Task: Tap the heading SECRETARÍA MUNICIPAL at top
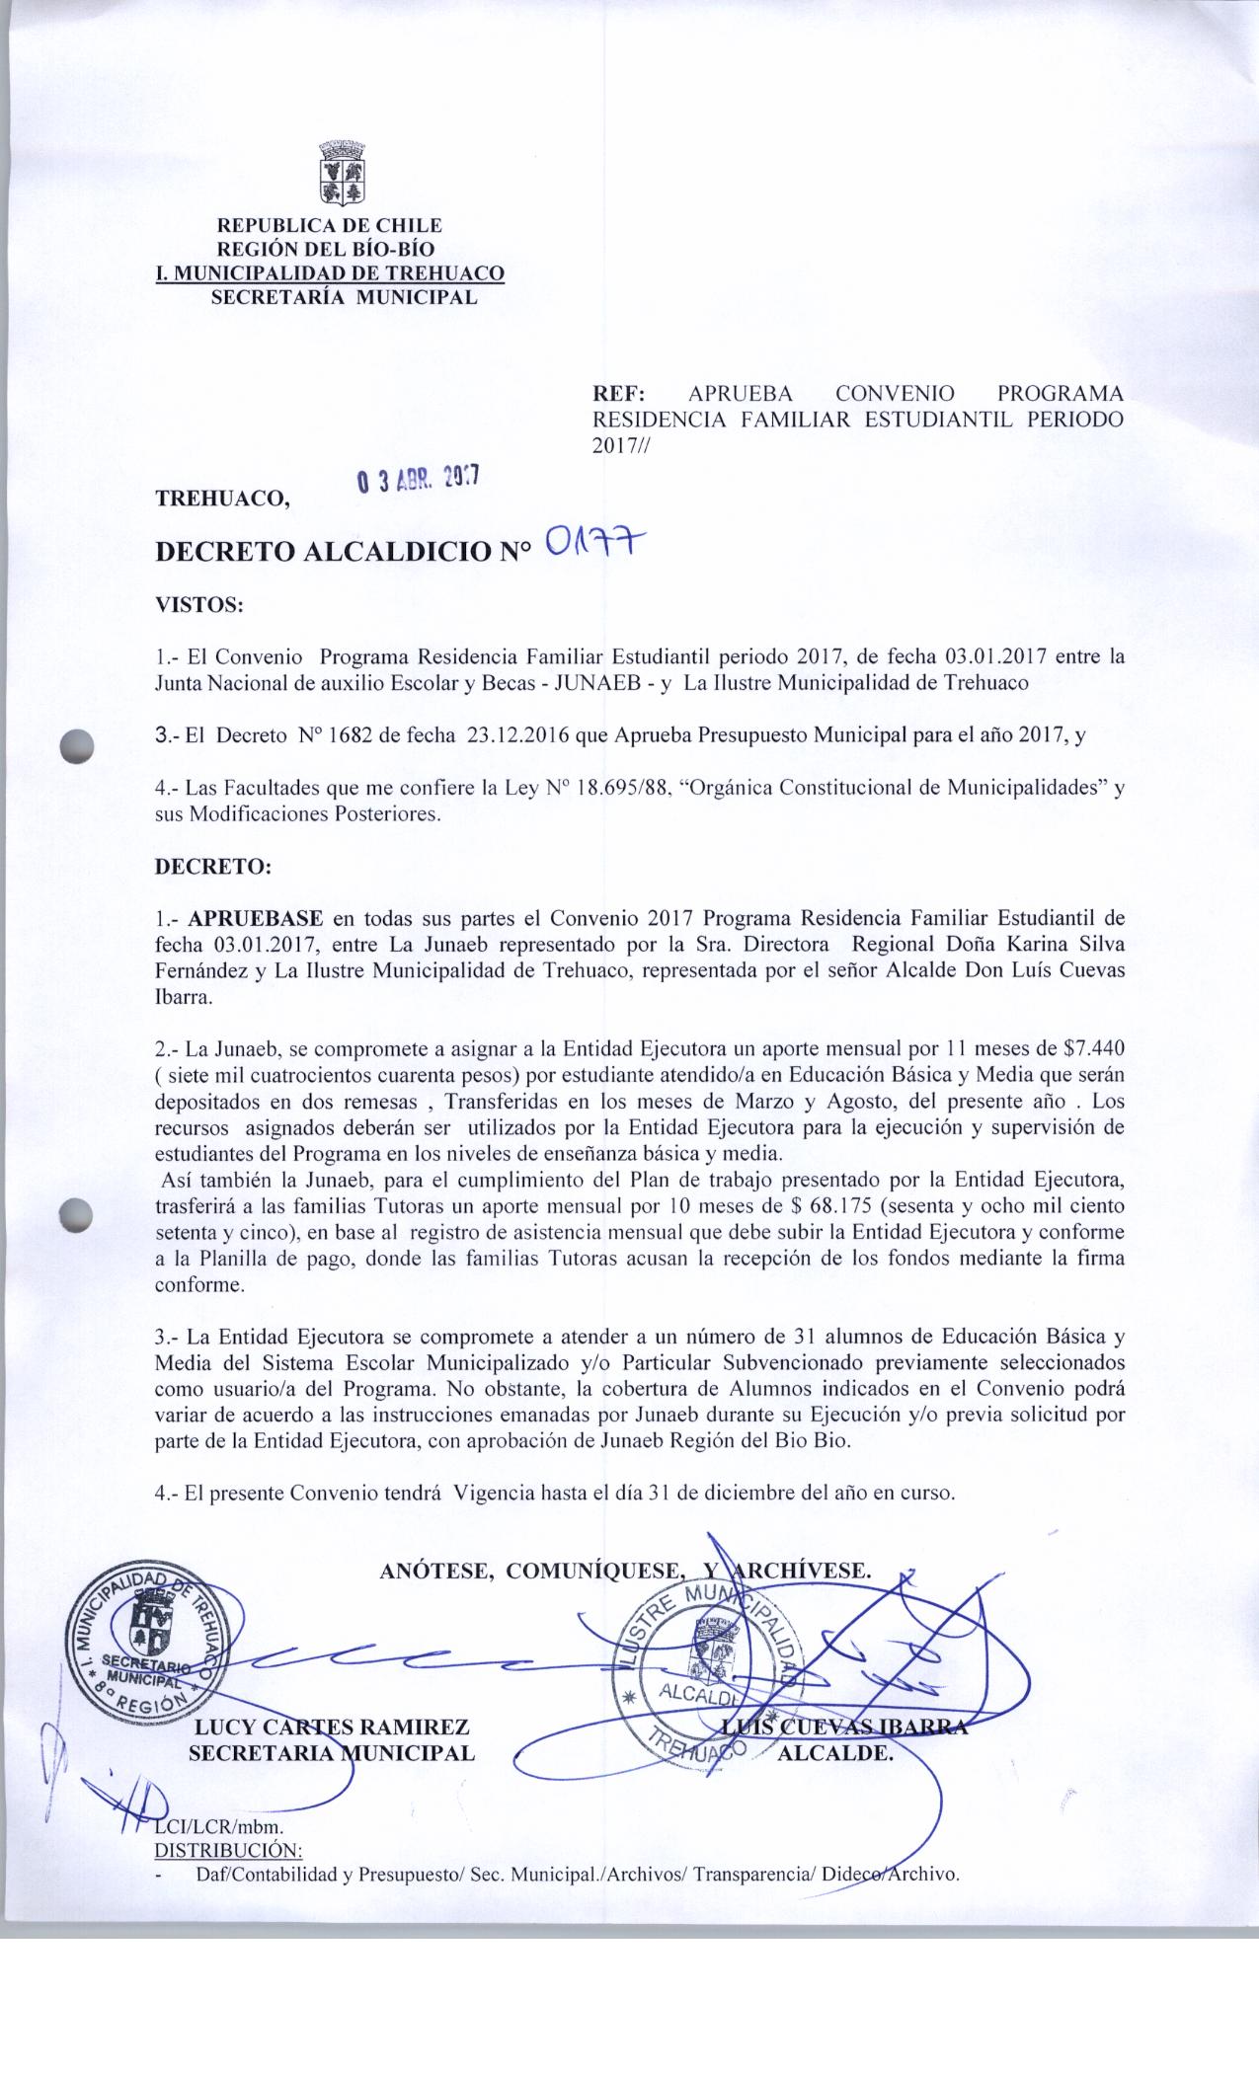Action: [x=345, y=296]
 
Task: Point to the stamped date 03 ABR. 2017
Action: [x=419, y=479]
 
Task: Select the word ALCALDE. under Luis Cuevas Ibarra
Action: [x=835, y=1753]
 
